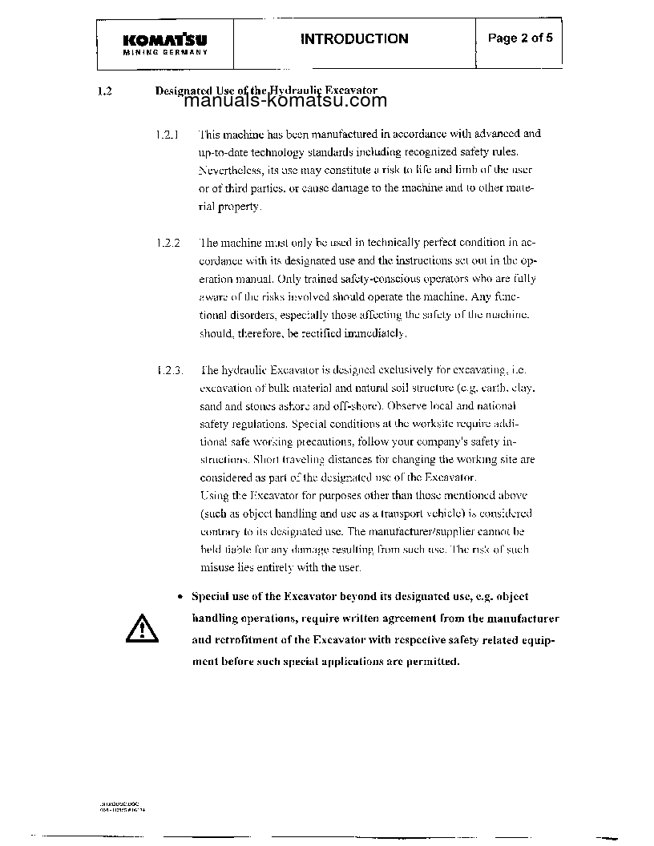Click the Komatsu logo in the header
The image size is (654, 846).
pos(166,40)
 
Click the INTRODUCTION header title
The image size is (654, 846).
pos(353,38)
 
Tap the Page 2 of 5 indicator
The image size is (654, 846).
pos(520,38)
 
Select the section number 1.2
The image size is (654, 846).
pos(104,91)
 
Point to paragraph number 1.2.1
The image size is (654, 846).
pos(168,134)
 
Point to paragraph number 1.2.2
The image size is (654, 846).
pos(168,242)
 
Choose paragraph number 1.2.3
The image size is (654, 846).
pos(169,369)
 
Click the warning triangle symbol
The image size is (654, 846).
pos(138,626)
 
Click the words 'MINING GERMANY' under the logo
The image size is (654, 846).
pos(166,52)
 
